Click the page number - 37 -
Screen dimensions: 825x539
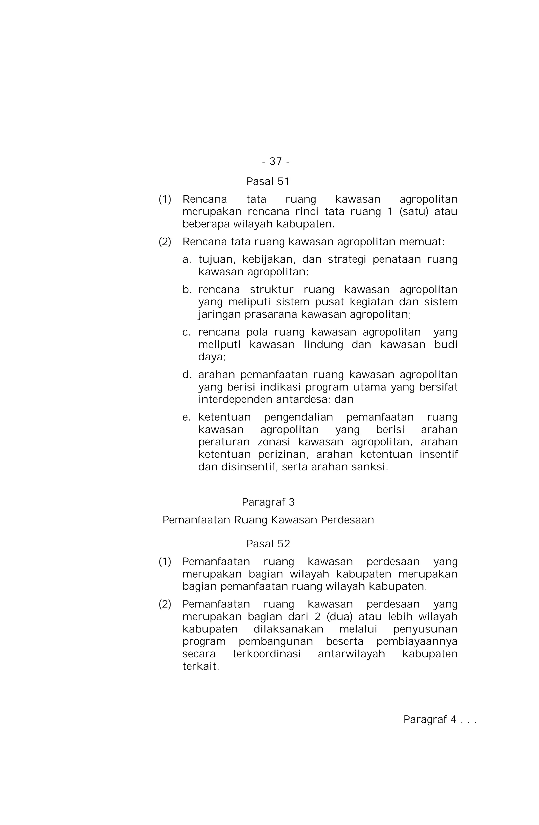276,161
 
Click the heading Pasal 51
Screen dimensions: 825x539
268,181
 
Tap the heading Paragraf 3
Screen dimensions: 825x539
268,502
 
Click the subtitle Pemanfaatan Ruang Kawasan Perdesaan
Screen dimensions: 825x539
268,520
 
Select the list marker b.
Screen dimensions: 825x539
187,289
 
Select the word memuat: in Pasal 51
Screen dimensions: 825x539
422,242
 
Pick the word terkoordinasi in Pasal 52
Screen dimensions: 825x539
266,654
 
